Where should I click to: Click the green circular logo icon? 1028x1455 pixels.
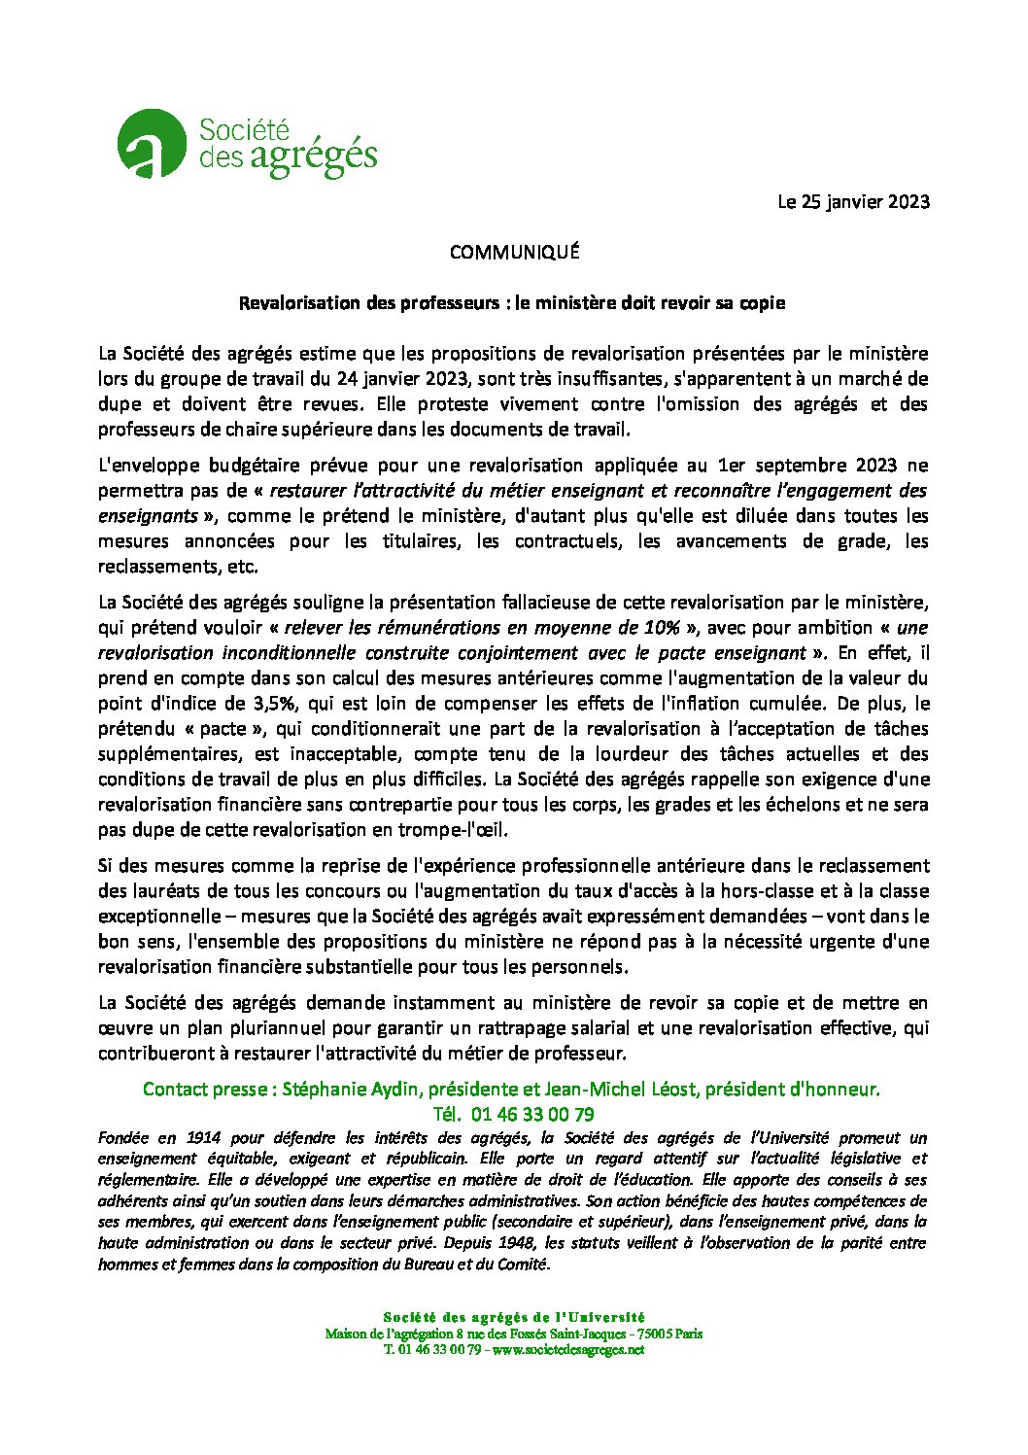tap(151, 144)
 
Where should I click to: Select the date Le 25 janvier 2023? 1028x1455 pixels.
tap(853, 202)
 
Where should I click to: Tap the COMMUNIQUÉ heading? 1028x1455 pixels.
tap(514, 253)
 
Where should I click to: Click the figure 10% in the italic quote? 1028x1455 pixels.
tap(661, 628)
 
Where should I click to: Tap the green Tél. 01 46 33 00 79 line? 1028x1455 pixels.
tap(513, 1115)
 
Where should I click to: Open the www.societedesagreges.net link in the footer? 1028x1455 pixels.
tap(568, 1350)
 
